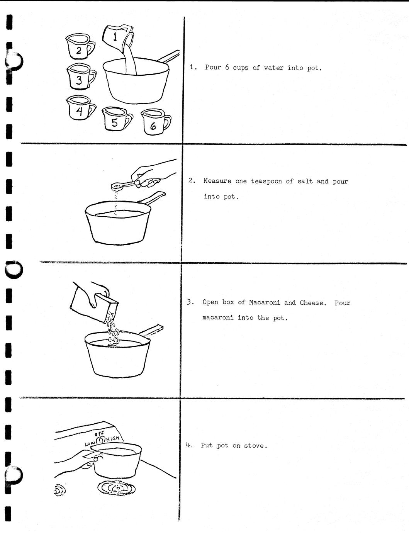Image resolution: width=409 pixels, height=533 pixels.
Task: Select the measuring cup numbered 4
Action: [x=80, y=107]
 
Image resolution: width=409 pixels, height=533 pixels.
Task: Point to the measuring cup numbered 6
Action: [x=154, y=122]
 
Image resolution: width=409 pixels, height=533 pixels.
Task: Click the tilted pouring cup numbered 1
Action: [x=118, y=37]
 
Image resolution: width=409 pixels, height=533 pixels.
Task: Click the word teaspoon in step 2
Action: [x=266, y=181]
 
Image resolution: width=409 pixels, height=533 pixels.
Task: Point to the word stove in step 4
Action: [x=255, y=446]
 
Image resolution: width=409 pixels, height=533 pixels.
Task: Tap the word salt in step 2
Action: [x=305, y=181]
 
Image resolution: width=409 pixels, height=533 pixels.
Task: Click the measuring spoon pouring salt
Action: [x=122, y=185]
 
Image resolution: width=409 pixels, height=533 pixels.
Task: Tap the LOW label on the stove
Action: [x=90, y=443]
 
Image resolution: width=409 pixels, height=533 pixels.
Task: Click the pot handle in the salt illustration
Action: [x=151, y=198]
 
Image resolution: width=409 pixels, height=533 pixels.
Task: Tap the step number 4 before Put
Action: [x=188, y=445]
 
